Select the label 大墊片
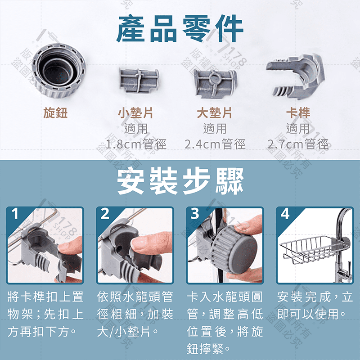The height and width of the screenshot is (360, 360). pyautogui.click(x=215, y=112)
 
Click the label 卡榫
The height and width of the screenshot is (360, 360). pyautogui.click(x=297, y=112)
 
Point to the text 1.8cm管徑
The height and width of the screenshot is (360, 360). pyautogui.click(x=135, y=145)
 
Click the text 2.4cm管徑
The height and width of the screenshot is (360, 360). pyautogui.click(x=215, y=145)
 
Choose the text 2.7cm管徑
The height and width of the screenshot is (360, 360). pyautogui.click(x=297, y=145)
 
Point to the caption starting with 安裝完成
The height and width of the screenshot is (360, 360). pyautogui.click(x=315, y=305)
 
